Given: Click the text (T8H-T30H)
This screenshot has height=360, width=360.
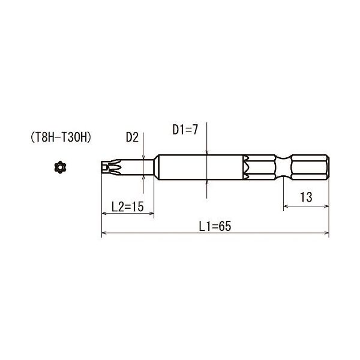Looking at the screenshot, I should [x=60, y=137].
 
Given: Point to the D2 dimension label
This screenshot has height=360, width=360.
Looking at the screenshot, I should [x=132, y=137].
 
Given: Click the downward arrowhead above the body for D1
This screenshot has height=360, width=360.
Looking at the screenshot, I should [x=206, y=151].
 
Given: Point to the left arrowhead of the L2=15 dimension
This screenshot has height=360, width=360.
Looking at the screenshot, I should [x=104, y=213].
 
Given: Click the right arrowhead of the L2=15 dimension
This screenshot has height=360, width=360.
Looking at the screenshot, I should [x=151, y=213].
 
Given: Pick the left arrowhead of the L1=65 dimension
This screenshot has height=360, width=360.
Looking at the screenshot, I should [x=104, y=232].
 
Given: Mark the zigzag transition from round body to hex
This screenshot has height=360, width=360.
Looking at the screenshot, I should [x=246, y=167].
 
